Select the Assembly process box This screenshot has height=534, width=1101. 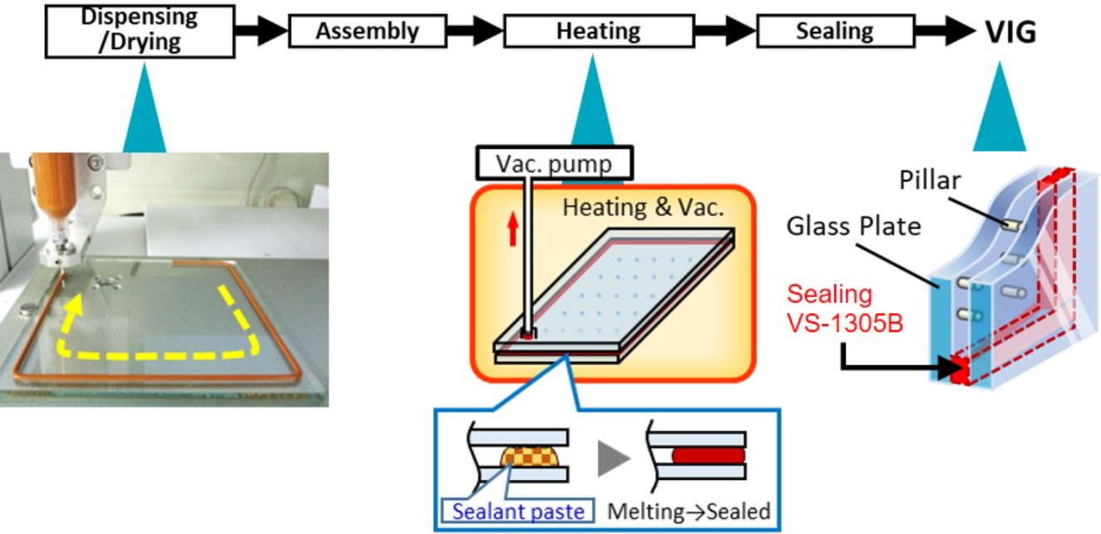[368, 32]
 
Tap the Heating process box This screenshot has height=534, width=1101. [599, 32]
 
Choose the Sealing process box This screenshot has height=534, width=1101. [835, 32]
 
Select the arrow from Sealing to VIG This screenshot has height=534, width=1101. [945, 32]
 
